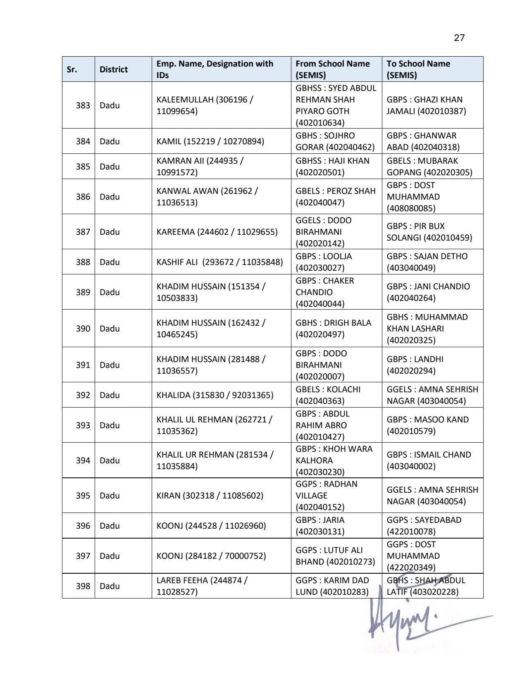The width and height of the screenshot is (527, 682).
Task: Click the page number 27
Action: [459, 38]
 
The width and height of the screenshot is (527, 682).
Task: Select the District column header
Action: [114, 69]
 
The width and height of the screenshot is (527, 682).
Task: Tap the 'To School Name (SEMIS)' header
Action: [418, 69]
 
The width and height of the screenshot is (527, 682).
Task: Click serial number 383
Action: [83, 105]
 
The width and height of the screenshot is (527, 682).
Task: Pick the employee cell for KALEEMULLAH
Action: [205, 105]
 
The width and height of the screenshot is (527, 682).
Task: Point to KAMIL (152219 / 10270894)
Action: [210, 141]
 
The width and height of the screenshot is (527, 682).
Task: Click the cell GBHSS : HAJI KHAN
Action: [332, 167]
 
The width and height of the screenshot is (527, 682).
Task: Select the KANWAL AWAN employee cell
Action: [207, 197]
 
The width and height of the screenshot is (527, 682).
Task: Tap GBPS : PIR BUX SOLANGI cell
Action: [429, 232]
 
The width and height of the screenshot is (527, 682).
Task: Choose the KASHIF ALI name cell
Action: [219, 262]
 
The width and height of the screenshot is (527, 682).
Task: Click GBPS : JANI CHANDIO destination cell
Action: [428, 292]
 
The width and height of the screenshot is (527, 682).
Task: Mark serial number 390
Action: [83, 329]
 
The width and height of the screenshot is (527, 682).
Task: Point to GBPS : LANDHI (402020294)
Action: [415, 365]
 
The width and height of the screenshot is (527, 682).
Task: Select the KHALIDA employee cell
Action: [215, 395]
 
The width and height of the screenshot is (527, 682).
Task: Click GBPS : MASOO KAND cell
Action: [427, 425]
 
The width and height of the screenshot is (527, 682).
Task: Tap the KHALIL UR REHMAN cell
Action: [215, 460]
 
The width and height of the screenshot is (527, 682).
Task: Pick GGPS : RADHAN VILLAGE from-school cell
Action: [327, 496]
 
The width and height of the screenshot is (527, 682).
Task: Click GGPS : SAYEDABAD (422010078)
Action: [424, 526]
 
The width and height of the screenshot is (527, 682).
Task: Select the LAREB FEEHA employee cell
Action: [202, 586]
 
